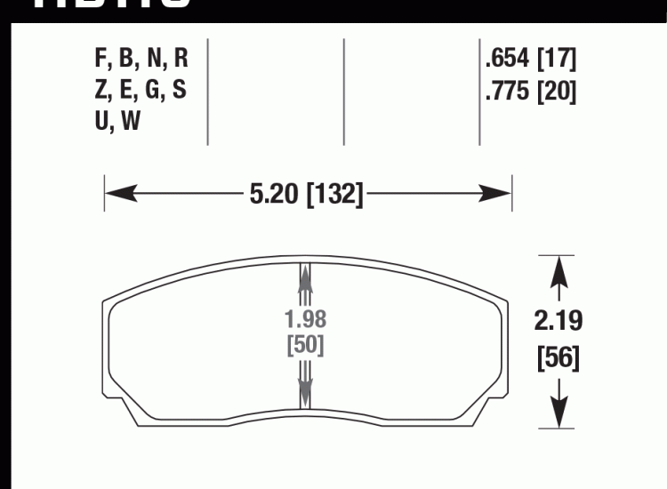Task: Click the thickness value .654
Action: [508, 60]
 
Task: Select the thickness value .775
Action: [508, 92]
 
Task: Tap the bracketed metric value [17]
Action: [557, 60]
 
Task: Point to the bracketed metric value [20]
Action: [557, 92]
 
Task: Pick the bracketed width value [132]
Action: [334, 194]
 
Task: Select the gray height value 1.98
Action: [305, 318]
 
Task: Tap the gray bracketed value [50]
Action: [305, 345]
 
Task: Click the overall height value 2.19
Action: [559, 321]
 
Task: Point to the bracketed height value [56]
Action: [559, 358]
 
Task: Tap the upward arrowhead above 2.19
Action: [559, 269]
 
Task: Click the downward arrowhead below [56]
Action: [559, 413]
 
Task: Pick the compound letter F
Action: [100, 60]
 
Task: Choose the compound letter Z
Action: [100, 92]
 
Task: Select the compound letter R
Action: [180, 60]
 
